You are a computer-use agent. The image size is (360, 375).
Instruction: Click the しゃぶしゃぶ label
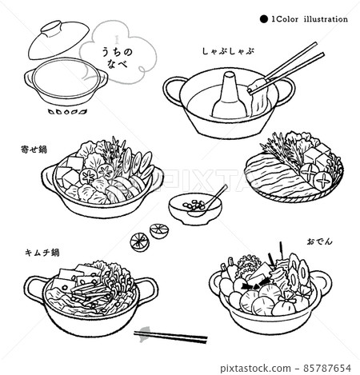point(227,51)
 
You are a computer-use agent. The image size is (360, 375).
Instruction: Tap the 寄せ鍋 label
point(34,150)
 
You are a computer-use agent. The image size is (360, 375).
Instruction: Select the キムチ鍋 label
point(42,252)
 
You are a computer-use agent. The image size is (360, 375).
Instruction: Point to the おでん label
point(319,241)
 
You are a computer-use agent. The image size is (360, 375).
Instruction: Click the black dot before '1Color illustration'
point(264,19)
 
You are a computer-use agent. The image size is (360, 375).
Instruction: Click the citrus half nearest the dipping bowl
point(158,230)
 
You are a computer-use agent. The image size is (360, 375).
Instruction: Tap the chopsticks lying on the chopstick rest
point(170,337)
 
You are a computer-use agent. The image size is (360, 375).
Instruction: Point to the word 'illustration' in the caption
point(326,19)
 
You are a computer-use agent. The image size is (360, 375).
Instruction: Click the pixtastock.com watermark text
point(255,369)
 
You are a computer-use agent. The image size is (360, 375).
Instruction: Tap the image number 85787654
point(327,368)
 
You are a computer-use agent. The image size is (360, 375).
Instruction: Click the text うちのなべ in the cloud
point(118,57)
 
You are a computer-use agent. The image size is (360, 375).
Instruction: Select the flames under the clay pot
point(67,111)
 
